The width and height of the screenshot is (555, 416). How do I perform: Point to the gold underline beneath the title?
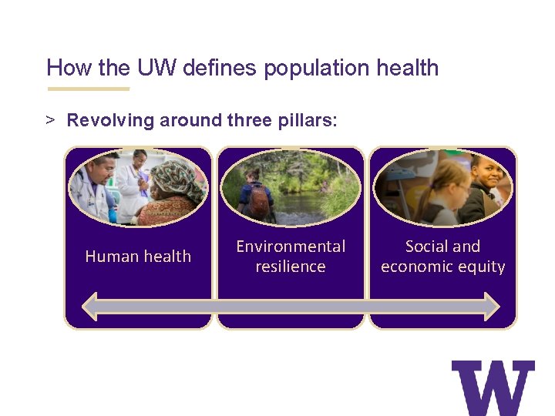point(88,89)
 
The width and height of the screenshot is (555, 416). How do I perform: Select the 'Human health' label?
point(138,257)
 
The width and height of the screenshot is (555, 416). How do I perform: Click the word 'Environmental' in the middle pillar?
point(291,247)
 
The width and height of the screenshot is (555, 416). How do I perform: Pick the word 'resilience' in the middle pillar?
point(291,267)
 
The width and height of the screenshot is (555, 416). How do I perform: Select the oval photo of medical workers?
point(138,188)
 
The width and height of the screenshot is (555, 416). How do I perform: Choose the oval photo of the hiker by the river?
point(291,188)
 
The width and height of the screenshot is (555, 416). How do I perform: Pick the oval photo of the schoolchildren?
point(442,188)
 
